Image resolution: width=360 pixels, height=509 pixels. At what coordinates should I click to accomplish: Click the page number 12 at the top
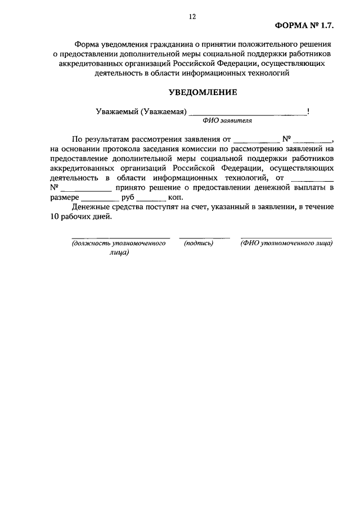coord(192,18)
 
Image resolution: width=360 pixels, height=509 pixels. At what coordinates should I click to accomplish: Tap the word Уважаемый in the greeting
coord(116,111)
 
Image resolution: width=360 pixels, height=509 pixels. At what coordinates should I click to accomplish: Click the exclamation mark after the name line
coord(308,111)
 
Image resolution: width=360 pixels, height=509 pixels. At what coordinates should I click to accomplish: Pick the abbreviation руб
coord(128,197)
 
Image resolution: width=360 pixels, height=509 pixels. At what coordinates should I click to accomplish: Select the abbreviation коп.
coord(175,197)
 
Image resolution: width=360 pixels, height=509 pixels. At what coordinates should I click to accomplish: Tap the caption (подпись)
coord(199,244)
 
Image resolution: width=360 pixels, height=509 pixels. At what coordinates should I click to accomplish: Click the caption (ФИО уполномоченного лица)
coord(286,244)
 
